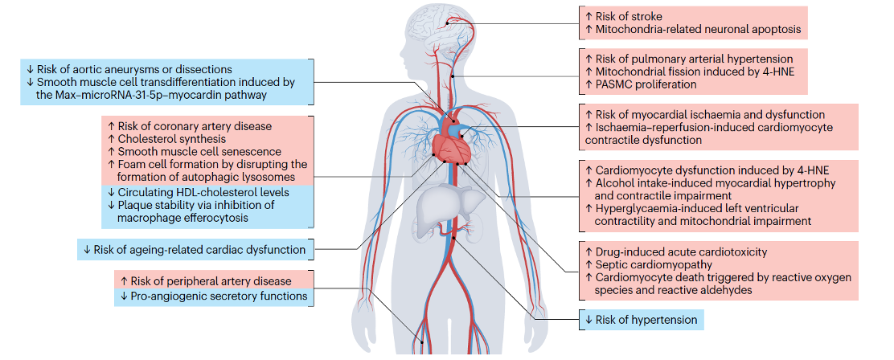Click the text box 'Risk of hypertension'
(x=641, y=320)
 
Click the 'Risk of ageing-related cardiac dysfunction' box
(x=193, y=249)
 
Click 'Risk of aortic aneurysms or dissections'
(x=129, y=69)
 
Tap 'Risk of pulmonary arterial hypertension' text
(x=694, y=59)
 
